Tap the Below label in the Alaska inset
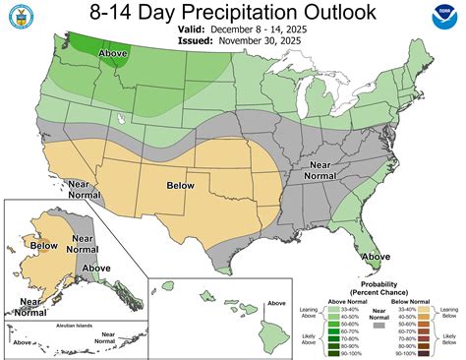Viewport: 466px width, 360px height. click(45, 245)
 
